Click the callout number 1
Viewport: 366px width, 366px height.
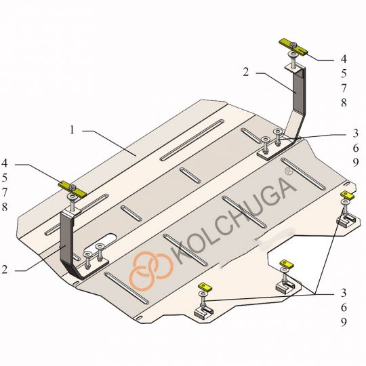pyautogui.click(x=72, y=129)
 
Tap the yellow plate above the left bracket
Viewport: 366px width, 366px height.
pyautogui.click(x=73, y=189)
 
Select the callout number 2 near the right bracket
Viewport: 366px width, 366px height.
pyautogui.click(x=246, y=72)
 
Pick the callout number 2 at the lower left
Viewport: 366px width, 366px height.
pyautogui.click(x=5, y=270)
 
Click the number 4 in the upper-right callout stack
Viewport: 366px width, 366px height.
pyautogui.click(x=344, y=59)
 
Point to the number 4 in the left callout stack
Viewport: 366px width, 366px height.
pyautogui.click(x=5, y=163)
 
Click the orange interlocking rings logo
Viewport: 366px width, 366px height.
pyautogui.click(x=151, y=271)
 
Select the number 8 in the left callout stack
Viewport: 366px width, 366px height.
pyautogui.click(x=5, y=207)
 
